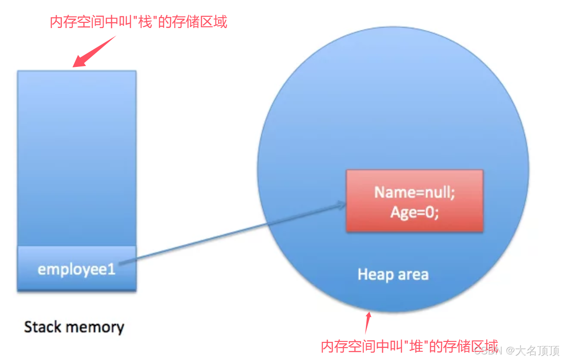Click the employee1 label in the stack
click(x=76, y=270)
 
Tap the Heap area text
click(x=393, y=275)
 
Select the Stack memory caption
click(x=74, y=327)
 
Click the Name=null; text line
click(x=414, y=192)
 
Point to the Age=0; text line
click(x=414, y=212)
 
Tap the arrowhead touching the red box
click(x=342, y=205)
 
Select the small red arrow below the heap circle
click(x=368, y=322)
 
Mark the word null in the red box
click(x=438, y=192)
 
